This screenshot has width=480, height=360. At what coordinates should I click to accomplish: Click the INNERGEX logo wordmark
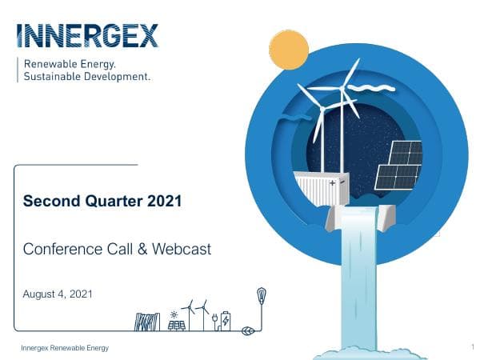pos(87,36)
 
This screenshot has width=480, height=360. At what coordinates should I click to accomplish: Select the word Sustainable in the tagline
pos(56,78)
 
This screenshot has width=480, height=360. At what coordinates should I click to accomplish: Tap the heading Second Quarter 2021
pos(102,201)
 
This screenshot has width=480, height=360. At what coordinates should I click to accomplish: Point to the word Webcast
pos(182,249)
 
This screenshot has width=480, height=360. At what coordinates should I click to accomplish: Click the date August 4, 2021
pos(58,294)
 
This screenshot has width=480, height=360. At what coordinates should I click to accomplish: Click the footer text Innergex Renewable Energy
pos(65,348)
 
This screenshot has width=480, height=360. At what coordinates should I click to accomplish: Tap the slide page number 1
pos(473,347)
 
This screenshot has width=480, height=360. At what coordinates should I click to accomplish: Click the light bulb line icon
pos(261,297)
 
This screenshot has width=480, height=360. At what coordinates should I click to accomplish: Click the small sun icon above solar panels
pos(174,314)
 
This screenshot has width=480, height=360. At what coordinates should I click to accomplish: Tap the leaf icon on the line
pos(248,328)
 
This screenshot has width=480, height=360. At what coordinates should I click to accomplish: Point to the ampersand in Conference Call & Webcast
pos(144,249)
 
